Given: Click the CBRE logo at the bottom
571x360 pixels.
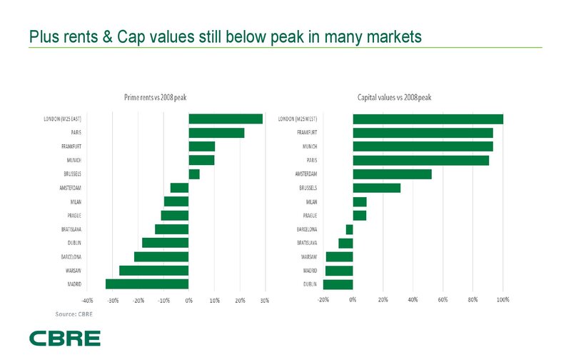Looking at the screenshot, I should point(64,338).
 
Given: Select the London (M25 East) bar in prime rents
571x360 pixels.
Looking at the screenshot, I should point(226,119).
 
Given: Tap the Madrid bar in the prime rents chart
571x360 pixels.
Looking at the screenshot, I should point(147,284).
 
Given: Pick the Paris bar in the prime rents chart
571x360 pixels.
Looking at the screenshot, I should point(216,133).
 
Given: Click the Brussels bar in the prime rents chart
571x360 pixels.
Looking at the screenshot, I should point(194,174).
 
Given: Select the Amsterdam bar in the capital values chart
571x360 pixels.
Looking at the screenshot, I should point(392,174).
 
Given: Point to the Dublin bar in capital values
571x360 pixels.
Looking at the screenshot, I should point(338,284).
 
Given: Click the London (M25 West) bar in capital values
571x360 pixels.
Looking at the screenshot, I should point(428,119).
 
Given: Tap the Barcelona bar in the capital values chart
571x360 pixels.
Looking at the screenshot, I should point(349,229).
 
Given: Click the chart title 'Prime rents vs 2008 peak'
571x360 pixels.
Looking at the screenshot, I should point(156,97).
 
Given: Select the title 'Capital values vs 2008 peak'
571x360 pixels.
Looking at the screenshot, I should point(394,97).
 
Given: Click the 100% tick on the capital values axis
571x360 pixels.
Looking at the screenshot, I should point(502,299).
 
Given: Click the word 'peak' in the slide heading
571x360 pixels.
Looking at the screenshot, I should point(305,36).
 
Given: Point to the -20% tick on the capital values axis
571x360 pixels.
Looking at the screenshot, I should point(323,299).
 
